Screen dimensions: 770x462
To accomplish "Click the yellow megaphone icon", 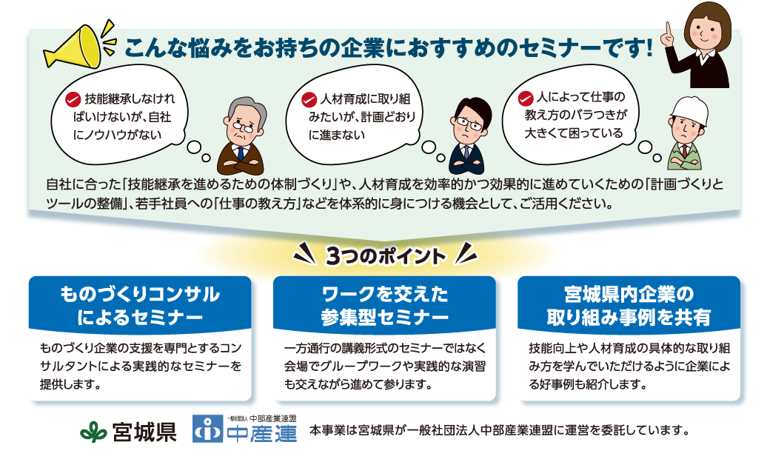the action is click(x=73, y=47).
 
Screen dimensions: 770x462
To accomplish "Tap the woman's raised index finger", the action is click(x=669, y=31).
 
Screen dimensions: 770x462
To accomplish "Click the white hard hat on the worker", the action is click(x=689, y=111).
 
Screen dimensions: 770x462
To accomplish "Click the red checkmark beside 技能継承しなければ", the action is click(x=73, y=100).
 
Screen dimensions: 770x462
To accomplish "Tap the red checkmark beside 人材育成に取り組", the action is click(x=309, y=100).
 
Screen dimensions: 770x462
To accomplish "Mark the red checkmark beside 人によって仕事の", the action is click(x=526, y=98).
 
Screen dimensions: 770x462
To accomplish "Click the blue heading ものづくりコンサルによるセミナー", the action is click(x=140, y=305).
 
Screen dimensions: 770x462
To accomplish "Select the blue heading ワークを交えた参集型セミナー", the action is click(x=384, y=305).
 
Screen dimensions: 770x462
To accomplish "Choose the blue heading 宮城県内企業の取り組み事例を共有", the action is click(x=629, y=305).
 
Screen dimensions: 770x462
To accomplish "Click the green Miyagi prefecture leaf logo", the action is click(x=93, y=432).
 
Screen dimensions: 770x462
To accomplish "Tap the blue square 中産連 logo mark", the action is click(x=207, y=429).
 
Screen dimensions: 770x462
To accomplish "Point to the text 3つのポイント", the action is click(x=385, y=256).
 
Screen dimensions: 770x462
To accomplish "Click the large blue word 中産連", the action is click(x=262, y=434).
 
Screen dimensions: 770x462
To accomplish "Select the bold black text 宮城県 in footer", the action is click(x=144, y=432).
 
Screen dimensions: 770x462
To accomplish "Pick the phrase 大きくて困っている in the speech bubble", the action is click(x=574, y=133).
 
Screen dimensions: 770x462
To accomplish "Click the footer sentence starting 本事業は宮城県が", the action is click(x=500, y=431).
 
